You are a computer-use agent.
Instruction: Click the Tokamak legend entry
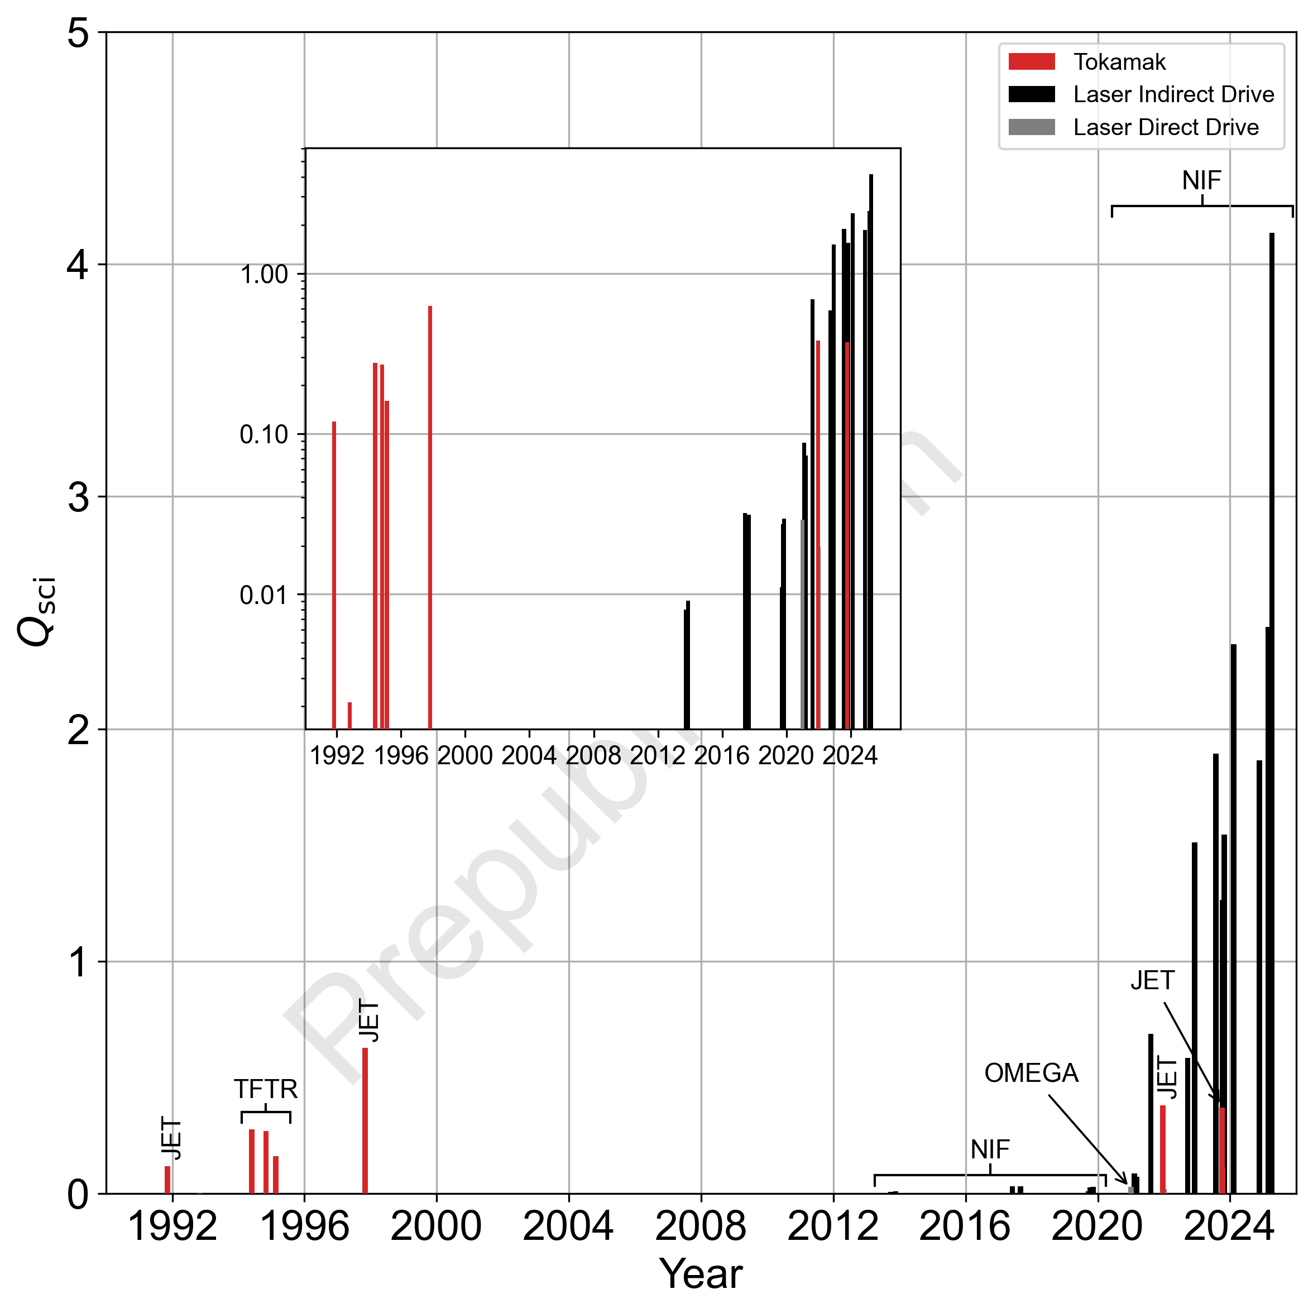pyautogui.click(x=1119, y=62)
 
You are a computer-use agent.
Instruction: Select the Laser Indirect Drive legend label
pyautogui.click(x=1173, y=94)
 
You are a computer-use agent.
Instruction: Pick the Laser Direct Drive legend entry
pyautogui.click(x=1166, y=127)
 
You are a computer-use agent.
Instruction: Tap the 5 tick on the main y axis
pyautogui.click(x=79, y=32)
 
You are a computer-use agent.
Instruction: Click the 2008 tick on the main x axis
pyautogui.click(x=701, y=1226)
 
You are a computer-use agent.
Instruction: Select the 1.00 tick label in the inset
pyautogui.click(x=265, y=275)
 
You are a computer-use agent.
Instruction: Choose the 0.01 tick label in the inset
pyautogui.click(x=265, y=595)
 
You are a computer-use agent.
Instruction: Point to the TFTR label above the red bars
pyautogui.click(x=266, y=1089)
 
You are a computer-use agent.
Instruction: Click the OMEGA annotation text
pyautogui.click(x=1031, y=1073)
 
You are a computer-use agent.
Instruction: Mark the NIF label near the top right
pyautogui.click(x=1201, y=181)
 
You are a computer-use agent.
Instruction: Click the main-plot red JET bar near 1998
pyautogui.click(x=365, y=1122)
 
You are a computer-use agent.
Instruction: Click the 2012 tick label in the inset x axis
pyautogui.click(x=657, y=756)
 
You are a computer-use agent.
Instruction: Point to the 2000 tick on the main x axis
pyautogui.click(x=437, y=1226)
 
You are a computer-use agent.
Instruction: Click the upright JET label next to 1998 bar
pyautogui.click(x=369, y=1021)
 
